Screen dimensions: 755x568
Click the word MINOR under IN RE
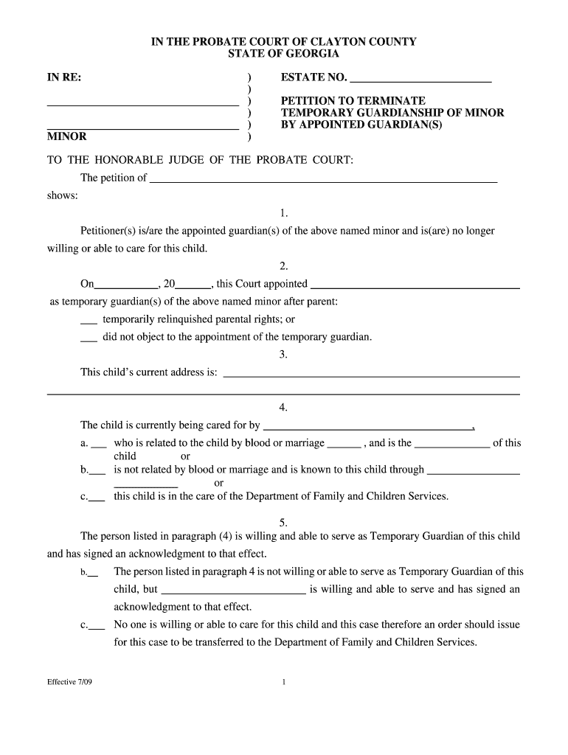[x=67, y=136]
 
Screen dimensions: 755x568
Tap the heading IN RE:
[x=64, y=77]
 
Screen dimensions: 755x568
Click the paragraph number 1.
[x=283, y=213]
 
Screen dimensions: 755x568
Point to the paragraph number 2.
[x=283, y=266]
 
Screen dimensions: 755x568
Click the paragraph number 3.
[x=283, y=355]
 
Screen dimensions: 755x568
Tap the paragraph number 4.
[x=283, y=408]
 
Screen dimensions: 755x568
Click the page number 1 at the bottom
[x=283, y=682]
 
